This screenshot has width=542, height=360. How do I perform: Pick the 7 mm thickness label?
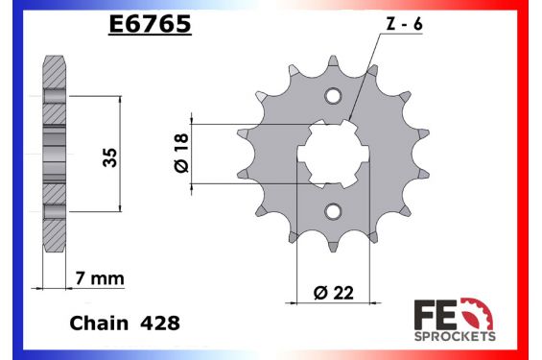coord(100,278)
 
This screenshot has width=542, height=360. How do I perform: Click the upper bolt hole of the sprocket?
coord(333,96)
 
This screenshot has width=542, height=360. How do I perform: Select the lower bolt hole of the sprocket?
coord(333,210)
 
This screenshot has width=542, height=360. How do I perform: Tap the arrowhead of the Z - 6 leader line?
coord(351,122)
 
